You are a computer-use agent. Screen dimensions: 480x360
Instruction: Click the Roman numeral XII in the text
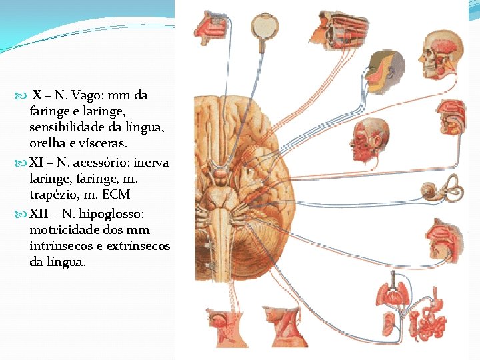pos(38,214)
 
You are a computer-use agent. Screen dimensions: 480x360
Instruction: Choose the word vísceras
pos(103,143)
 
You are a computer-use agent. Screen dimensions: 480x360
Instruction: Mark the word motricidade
pos(65,230)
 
